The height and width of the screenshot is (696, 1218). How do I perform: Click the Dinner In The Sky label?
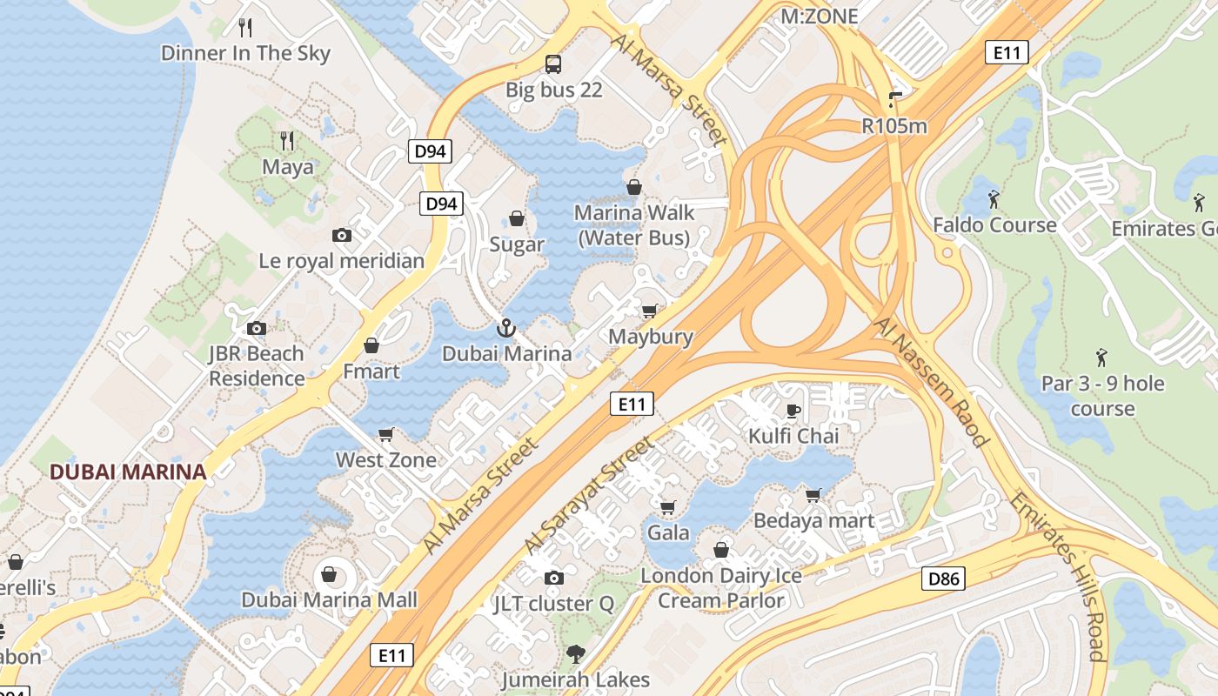[x=246, y=53]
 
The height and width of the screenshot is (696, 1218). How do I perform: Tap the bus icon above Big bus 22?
[x=553, y=64]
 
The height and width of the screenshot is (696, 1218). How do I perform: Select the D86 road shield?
[x=943, y=578]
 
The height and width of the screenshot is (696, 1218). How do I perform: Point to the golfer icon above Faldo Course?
[x=994, y=200]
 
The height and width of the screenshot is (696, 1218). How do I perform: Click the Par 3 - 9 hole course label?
[x=1102, y=396]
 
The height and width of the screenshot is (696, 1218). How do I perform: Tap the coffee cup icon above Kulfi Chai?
[x=793, y=410]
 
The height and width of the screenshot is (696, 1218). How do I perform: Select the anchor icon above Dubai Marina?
[x=505, y=328]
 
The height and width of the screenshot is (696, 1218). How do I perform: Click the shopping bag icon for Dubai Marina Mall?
[x=329, y=574]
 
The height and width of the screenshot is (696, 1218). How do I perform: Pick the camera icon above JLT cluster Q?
[x=553, y=578]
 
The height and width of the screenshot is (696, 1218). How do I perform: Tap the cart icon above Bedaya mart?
[x=813, y=495]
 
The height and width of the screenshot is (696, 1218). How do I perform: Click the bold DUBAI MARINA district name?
[x=128, y=472]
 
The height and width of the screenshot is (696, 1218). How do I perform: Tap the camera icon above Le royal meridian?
[x=342, y=235]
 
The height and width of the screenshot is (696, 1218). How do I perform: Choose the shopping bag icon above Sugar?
[x=517, y=218]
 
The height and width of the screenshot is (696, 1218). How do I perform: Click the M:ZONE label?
[x=820, y=16]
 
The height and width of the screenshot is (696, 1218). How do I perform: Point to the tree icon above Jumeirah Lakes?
[x=575, y=654]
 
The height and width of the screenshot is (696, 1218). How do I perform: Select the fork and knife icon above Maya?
[x=287, y=140]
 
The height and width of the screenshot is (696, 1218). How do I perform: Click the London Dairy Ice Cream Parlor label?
[x=721, y=588]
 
